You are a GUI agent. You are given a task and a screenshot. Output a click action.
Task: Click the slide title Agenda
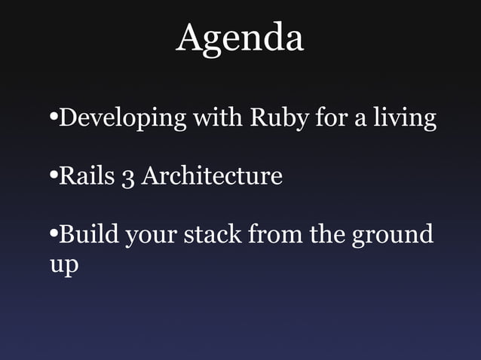coord(240,38)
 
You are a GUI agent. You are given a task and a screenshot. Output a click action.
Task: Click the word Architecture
coord(212,177)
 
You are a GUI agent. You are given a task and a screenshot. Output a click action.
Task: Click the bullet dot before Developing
coord(52,119)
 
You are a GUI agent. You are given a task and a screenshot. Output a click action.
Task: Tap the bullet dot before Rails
coord(52,178)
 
